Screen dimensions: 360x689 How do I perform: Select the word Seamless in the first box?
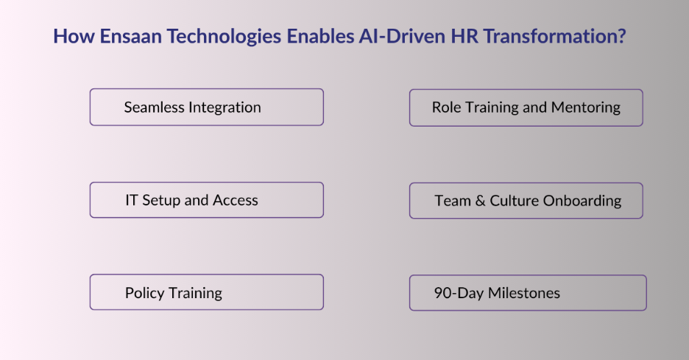pyautogui.click(x=154, y=107)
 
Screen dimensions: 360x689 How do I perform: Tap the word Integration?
pyautogui.click(x=225, y=107)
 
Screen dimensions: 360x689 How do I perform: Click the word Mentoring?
pyautogui.click(x=586, y=107)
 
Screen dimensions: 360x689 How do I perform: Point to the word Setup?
pyautogui.click(x=161, y=200)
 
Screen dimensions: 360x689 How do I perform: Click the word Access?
pyautogui.click(x=236, y=200)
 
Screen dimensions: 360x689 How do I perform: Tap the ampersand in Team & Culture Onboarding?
pyautogui.click(x=480, y=201)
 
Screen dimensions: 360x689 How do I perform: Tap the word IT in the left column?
pyautogui.click(x=132, y=200)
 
